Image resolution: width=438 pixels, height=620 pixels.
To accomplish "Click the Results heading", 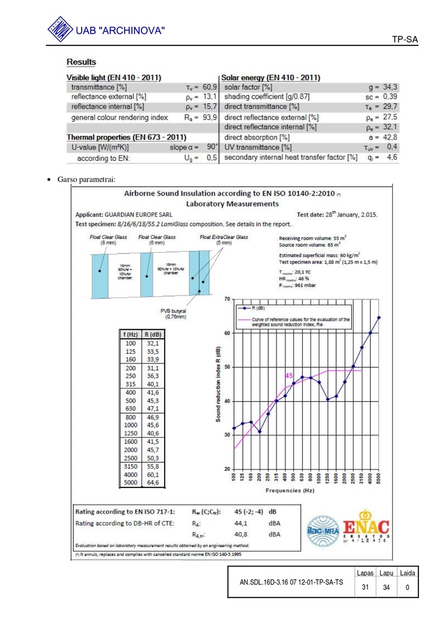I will pos(81,62).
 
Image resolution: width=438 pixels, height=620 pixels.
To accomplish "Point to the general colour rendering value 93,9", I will pos(209,118).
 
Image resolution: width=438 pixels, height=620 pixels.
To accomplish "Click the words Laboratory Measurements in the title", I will pos(233,204).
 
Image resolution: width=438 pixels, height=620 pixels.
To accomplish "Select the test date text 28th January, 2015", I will pos(345,214).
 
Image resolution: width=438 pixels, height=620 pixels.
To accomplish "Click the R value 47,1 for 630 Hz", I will pos(153,408).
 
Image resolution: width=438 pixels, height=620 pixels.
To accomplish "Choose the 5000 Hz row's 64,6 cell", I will pos(153,483).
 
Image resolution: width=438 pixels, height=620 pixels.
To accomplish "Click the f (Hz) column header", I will pos(130,335).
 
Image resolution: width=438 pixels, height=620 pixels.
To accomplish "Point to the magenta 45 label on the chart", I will pos(290,375).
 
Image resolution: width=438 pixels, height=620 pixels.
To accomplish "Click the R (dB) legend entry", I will pos(258,309).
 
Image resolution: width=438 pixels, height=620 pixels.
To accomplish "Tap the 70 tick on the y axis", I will pos(226,299).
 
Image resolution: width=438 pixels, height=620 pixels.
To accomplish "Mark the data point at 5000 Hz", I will pos(379,318).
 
